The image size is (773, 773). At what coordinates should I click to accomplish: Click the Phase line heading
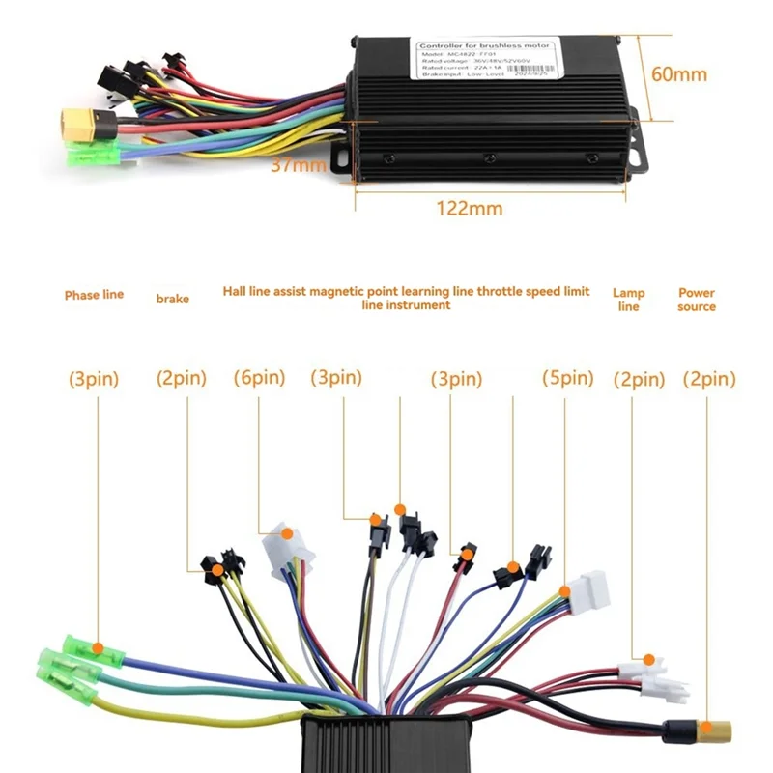94,294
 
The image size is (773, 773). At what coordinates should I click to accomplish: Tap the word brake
172,299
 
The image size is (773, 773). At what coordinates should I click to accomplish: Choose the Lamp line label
628,300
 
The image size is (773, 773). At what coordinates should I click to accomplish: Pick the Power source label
697,300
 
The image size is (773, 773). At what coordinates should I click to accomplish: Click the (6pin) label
259,379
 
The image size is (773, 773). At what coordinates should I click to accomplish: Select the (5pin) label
568,379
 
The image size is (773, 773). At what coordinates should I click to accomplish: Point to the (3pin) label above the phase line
94,379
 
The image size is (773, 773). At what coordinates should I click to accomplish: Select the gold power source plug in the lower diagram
716,726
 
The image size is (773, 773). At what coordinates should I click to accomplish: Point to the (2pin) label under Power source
709,379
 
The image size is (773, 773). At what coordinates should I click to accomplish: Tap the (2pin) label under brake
182,379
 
